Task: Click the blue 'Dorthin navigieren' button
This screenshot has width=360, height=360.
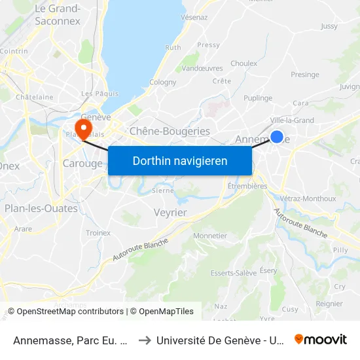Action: click(x=180, y=160)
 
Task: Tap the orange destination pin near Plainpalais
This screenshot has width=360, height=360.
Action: click(x=83, y=127)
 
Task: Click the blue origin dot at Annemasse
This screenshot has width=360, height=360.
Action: click(x=277, y=137)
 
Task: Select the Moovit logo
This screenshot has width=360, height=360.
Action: click(x=321, y=339)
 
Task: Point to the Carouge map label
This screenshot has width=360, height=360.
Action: click(x=82, y=163)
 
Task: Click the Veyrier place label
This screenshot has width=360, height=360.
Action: click(x=170, y=213)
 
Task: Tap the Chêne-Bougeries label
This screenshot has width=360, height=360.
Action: click(x=170, y=132)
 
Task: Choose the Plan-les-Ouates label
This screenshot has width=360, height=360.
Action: click(x=41, y=208)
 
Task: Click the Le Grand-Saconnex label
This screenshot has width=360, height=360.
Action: click(x=57, y=14)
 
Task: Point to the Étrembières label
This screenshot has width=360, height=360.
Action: click(x=247, y=186)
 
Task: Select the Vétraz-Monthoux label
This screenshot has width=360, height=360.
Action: click(x=308, y=198)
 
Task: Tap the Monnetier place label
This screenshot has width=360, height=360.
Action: click(x=210, y=236)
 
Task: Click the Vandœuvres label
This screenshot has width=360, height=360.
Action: click(x=202, y=68)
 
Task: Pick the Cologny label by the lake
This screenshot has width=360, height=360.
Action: click(x=163, y=82)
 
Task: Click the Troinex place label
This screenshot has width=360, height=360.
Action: click(x=98, y=233)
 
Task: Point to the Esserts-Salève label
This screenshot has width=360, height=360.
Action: click(x=233, y=273)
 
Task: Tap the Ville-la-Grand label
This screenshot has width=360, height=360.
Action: click(x=292, y=120)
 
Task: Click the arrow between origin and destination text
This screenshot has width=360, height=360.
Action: click(x=144, y=340)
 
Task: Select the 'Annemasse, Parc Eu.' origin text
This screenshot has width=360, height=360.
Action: click(x=69, y=340)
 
